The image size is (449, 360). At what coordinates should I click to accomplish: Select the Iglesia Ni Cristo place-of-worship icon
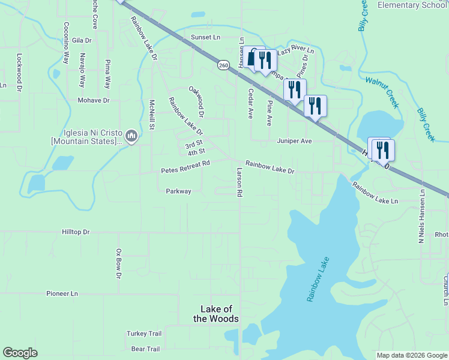(x=133, y=137)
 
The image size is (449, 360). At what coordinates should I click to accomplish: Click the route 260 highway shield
(x=223, y=65)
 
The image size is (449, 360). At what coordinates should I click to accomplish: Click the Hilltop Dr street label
(x=76, y=232)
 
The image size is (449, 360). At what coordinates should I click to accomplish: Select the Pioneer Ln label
(x=62, y=293)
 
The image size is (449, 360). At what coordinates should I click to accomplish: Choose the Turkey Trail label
(x=144, y=334)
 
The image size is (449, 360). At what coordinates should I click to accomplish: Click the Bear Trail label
(x=145, y=349)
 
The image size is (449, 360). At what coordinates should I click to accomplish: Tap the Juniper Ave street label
(x=295, y=141)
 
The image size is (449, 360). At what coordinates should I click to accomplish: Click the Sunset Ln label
(x=206, y=37)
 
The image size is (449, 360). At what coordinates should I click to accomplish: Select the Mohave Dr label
(x=94, y=101)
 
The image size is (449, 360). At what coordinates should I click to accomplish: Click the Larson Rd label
(x=239, y=182)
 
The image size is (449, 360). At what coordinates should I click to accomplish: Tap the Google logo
(x=20, y=353)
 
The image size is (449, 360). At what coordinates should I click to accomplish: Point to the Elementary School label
(x=412, y=5)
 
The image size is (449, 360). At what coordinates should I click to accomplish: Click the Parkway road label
(x=178, y=191)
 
